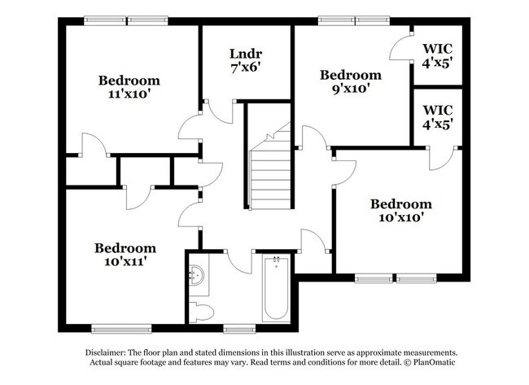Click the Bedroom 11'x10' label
point(129,87)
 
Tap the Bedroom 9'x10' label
point(349,81)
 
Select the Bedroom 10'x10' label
point(400,210)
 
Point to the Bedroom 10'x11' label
point(125,255)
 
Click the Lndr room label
point(247,55)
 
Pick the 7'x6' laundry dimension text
point(247,68)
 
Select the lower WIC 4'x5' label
point(437,116)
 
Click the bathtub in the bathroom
point(275,288)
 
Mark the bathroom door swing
point(238,262)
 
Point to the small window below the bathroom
point(238,329)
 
